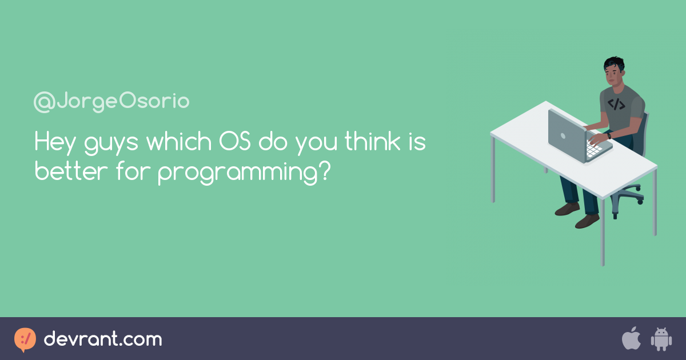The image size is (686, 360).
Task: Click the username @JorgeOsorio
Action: [111, 102]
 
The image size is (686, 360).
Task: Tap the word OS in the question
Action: [235, 142]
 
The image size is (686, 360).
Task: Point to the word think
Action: [372, 141]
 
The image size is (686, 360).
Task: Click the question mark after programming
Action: [325, 171]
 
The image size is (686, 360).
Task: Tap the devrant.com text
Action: [103, 339]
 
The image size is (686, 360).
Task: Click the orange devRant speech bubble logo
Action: [25, 339]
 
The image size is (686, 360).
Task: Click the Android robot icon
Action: [661, 339]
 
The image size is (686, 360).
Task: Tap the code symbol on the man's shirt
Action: [616, 104]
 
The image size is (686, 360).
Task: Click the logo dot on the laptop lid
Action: [563, 135]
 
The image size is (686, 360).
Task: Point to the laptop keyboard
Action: [594, 149]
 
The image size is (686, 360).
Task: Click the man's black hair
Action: [615, 64]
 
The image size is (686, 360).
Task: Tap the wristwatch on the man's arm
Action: [609, 135]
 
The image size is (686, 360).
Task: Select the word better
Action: [71, 171]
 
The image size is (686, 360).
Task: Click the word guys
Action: [111, 145]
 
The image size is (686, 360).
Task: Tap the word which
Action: [179, 141]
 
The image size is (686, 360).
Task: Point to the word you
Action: [316, 145]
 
